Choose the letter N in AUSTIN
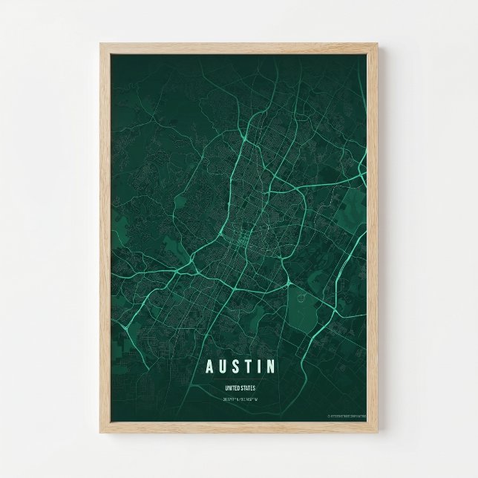coord(271,367)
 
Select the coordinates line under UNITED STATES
coord(239,399)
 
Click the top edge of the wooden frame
coord(239,46)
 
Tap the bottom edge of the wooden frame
coord(239,429)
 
